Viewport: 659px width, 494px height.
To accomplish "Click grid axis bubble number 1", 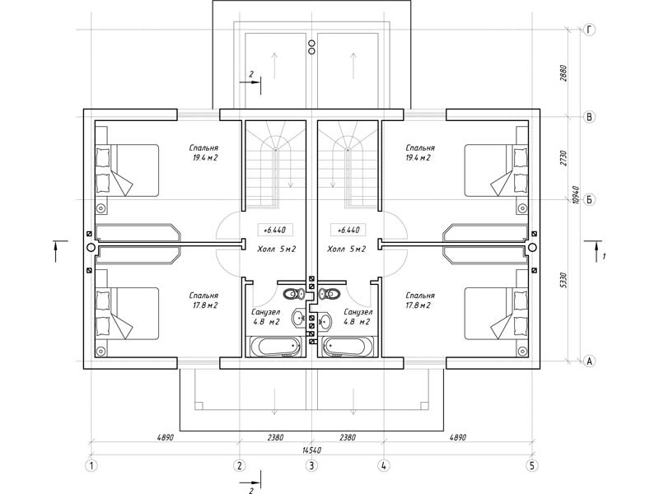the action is [91, 466].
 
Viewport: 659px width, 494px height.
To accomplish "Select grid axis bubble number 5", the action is [532, 466].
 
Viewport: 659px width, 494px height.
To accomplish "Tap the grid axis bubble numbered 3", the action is [311, 466].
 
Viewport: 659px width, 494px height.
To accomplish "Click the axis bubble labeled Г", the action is [590, 30].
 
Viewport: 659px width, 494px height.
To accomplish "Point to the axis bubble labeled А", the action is [590, 361].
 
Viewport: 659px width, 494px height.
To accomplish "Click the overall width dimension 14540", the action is [311, 450].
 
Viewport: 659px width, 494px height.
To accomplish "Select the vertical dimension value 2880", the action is [564, 73].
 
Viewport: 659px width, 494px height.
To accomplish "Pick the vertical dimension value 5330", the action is [564, 280].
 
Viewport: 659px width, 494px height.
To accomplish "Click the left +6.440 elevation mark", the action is [274, 231].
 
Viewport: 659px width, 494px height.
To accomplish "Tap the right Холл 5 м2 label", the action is [347, 249].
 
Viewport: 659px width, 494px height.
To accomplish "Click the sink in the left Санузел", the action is [299, 319].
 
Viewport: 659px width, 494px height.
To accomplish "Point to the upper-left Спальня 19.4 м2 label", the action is [203, 153].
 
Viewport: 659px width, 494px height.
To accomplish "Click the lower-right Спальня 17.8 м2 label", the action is [420, 301].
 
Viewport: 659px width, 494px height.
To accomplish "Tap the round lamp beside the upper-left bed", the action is [100, 208].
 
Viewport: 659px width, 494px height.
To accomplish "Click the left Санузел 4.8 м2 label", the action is [265, 317].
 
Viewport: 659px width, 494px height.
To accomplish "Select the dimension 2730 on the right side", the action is [564, 158].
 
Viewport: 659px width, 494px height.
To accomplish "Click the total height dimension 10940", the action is [576, 195].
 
